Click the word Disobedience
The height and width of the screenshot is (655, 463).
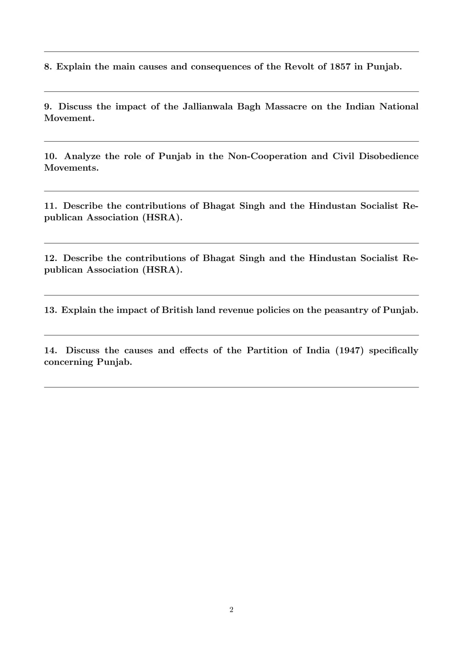(388, 156)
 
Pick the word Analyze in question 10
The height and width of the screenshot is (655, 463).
(82, 156)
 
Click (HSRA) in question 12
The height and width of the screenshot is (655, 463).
(162, 270)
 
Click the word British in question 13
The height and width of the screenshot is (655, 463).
(177, 310)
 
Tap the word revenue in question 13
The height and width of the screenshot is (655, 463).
(236, 310)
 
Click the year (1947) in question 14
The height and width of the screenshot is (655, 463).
(349, 351)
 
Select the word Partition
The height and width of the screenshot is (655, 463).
(267, 351)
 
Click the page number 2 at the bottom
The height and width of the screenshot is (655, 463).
(232, 610)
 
